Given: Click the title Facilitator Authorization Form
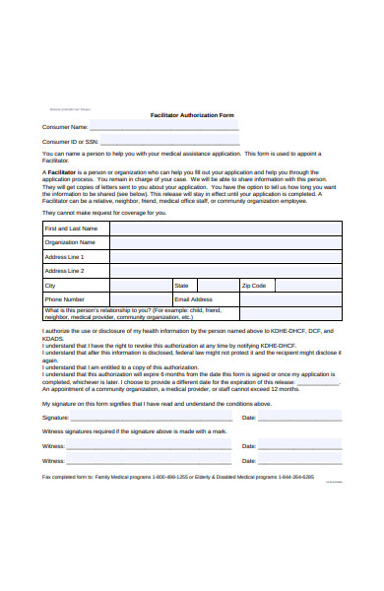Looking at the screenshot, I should tap(192, 115).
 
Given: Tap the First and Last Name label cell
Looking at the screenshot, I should tap(70, 228).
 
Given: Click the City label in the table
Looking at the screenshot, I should tap(50, 286).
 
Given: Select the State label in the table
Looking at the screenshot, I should tap(181, 286).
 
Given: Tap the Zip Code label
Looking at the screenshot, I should tap(254, 286).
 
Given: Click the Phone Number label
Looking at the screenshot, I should tap(65, 299).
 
